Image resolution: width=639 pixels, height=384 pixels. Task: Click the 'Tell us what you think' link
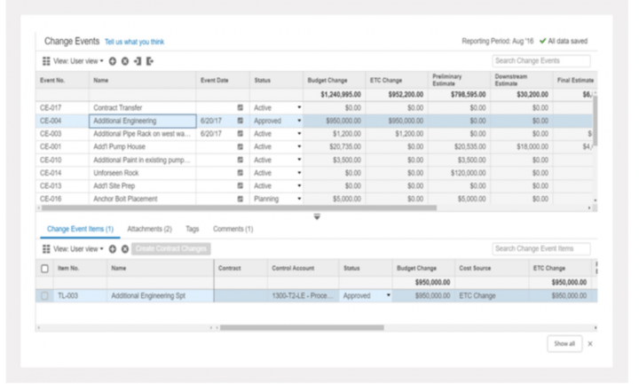(x=134, y=42)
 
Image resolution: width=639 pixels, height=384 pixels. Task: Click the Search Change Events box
(x=540, y=61)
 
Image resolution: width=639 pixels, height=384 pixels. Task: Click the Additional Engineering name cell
(x=142, y=120)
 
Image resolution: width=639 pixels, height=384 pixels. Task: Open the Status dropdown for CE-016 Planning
(x=300, y=199)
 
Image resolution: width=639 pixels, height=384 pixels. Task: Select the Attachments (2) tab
(x=149, y=229)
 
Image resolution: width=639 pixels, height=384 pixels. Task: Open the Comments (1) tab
(x=233, y=229)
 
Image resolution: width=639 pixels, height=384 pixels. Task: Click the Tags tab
(x=193, y=229)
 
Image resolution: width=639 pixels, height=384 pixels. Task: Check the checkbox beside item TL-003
(x=45, y=295)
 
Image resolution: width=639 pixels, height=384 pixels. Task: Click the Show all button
(x=564, y=342)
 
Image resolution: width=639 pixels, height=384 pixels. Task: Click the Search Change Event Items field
(x=540, y=248)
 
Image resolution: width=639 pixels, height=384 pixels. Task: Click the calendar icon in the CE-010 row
(x=241, y=160)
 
